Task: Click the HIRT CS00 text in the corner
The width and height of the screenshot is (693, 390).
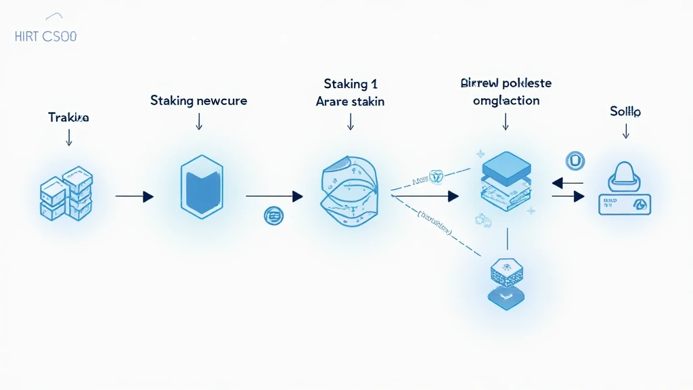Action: (x=45, y=37)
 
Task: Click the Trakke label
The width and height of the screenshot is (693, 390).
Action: (x=68, y=117)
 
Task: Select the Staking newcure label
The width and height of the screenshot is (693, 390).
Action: (x=198, y=101)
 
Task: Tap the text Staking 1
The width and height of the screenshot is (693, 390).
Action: (x=351, y=85)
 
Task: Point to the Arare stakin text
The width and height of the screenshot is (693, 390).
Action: (x=351, y=102)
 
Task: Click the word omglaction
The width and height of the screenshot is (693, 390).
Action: (x=506, y=100)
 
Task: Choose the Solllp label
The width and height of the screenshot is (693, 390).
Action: (x=625, y=111)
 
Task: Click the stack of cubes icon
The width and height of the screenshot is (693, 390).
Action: (x=67, y=192)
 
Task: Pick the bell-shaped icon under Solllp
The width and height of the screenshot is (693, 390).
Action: (x=625, y=175)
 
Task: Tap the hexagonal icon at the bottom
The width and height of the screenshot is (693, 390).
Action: (x=506, y=283)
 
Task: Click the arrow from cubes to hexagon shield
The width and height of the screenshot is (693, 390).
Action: (x=135, y=196)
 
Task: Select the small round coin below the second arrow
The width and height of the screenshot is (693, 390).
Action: (x=274, y=217)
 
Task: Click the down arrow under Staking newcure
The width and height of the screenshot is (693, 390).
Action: (x=199, y=121)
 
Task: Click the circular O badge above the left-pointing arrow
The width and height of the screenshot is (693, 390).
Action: (x=575, y=160)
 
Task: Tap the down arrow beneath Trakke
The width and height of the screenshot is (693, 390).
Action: (x=68, y=137)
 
